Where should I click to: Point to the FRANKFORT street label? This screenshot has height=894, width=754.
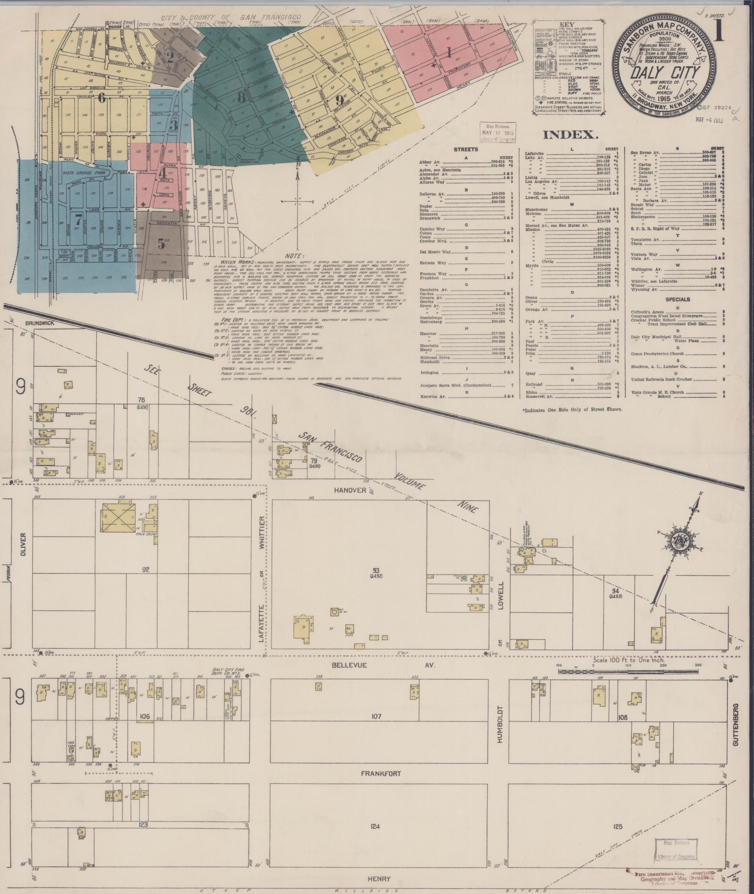coord(381,773)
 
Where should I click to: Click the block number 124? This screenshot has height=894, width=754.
coord(374,826)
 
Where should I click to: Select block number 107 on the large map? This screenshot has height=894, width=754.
coord(376,716)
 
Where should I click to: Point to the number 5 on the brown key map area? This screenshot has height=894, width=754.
coord(161,243)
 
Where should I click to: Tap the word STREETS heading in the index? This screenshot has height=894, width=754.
coord(466,150)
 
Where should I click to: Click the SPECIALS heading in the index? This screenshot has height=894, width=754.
coord(678,299)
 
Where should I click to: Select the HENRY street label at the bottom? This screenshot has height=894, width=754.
coord(379,879)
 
